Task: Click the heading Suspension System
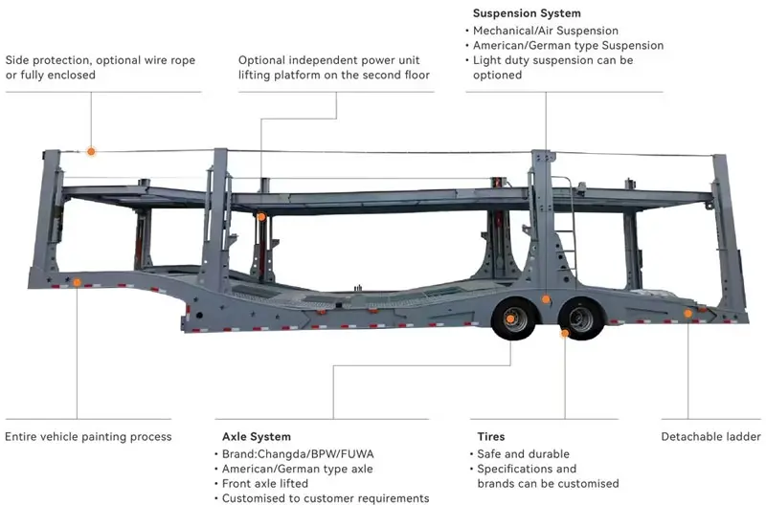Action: [527, 13]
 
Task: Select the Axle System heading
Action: [256, 437]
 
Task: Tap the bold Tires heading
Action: [486, 437]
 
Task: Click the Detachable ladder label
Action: [710, 437]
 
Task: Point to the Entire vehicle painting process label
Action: [88, 437]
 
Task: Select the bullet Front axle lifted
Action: [269, 484]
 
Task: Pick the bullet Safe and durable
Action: [522, 454]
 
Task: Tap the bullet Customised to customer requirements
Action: [326, 498]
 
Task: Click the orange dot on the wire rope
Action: [91, 151]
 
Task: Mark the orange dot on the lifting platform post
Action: [259, 217]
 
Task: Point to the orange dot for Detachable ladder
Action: [687, 313]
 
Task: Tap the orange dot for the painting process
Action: [77, 282]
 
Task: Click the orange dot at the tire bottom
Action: [565, 334]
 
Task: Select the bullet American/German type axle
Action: [297, 469]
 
